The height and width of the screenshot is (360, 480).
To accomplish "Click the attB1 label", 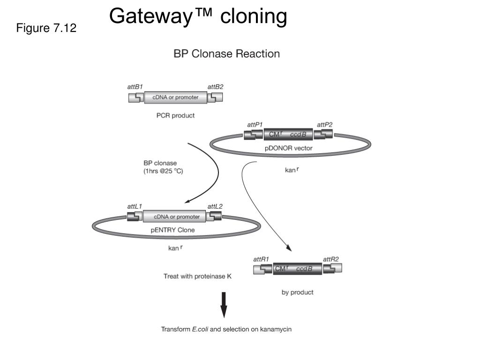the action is pyautogui.click(x=135, y=87).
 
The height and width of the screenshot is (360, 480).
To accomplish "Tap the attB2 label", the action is pyautogui.click(x=215, y=87).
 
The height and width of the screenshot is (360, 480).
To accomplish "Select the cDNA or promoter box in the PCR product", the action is pyautogui.click(x=175, y=97).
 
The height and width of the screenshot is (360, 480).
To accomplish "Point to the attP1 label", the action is pyautogui.click(x=255, y=125).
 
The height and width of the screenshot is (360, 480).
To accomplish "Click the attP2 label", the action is pyautogui.click(x=324, y=125).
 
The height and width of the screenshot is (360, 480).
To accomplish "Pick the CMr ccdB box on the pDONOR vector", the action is pyautogui.click(x=288, y=135).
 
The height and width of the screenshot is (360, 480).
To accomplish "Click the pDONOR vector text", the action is pyautogui.click(x=288, y=148).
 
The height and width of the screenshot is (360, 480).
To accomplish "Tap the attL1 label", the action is pyautogui.click(x=135, y=207).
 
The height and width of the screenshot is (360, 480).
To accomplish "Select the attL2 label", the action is pyautogui.click(x=215, y=207).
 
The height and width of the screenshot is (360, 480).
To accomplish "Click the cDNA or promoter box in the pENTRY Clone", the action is pyautogui.click(x=174, y=217).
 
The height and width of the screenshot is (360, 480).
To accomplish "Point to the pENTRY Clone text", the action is pyautogui.click(x=172, y=230).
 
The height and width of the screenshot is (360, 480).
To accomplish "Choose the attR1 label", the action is pyautogui.click(x=261, y=260).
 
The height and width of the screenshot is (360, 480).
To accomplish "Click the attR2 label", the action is pyautogui.click(x=331, y=260).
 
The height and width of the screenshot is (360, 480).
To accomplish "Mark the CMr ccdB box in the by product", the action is pyautogui.click(x=297, y=269).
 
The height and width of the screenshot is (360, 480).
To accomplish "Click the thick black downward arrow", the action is pyautogui.click(x=224, y=305).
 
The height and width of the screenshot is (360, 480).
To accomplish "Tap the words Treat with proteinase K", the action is pyautogui.click(x=197, y=277).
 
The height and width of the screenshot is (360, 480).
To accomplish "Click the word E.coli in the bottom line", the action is pyautogui.click(x=200, y=330).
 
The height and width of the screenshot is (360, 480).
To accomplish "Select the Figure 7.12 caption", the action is pyautogui.click(x=46, y=28).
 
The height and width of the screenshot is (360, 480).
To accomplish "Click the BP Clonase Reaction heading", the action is pyautogui.click(x=226, y=54).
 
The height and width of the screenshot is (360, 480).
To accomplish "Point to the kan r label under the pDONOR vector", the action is pyautogui.click(x=292, y=170).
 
